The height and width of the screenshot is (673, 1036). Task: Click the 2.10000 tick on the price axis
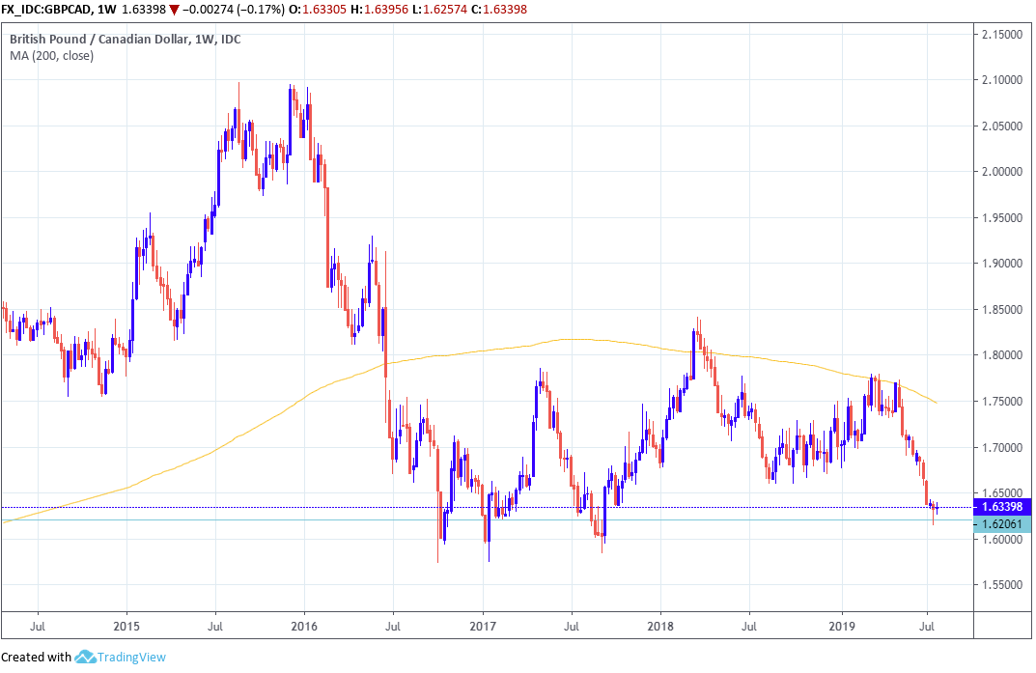[x=1002, y=80]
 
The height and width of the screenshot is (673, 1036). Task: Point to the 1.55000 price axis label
[x=1002, y=585]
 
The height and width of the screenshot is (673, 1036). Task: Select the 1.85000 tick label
[x=1002, y=310]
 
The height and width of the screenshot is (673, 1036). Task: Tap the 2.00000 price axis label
[x=1002, y=172]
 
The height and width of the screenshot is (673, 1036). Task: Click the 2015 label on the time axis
[x=126, y=625]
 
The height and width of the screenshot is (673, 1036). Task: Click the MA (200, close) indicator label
[x=52, y=56]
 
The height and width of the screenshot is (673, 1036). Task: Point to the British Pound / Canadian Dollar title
[x=98, y=40]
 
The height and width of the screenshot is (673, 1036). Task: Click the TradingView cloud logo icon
[x=85, y=658]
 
